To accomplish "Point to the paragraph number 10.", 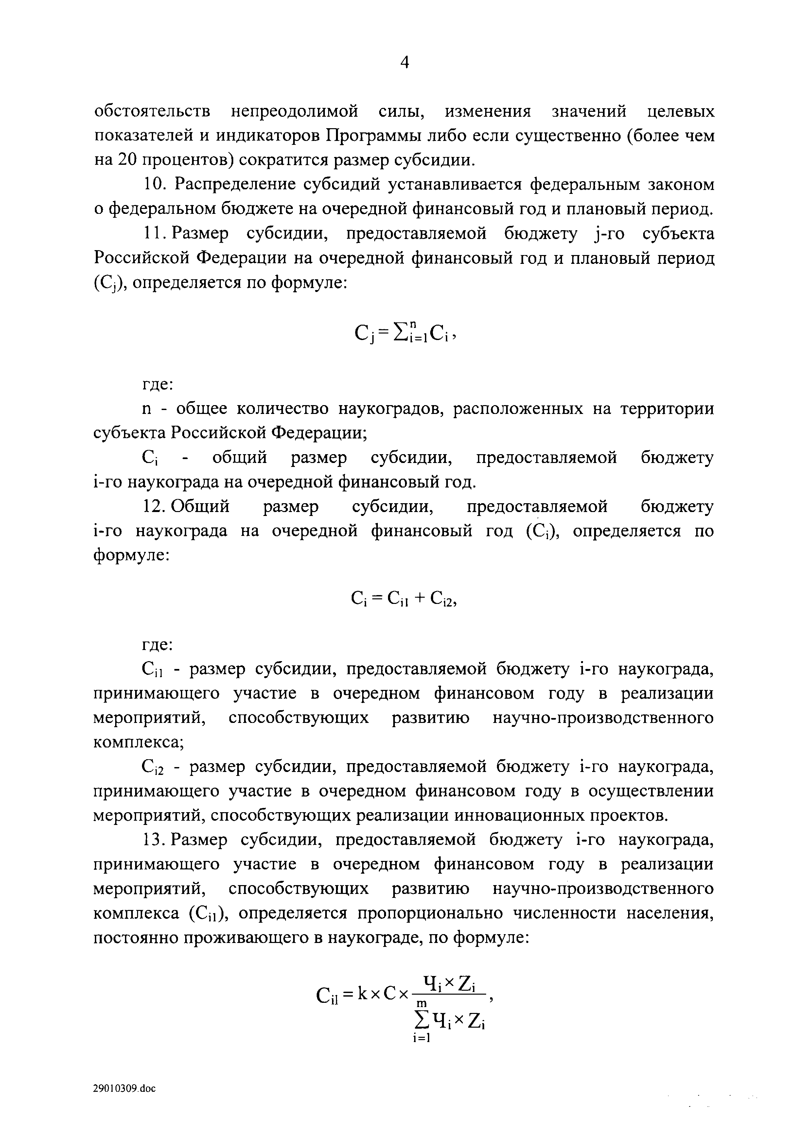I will point(154,184).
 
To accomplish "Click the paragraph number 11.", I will point(154,233).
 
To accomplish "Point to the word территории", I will point(667,409).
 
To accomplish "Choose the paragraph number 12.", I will point(154,506).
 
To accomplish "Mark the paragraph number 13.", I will point(154,840).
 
